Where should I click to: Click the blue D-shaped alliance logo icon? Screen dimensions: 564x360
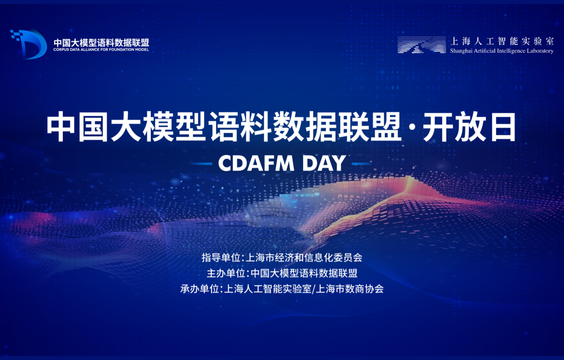(x=29, y=44)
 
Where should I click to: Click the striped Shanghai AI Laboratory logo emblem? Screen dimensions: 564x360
(x=422, y=45)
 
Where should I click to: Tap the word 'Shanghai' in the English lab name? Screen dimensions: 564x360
(x=461, y=51)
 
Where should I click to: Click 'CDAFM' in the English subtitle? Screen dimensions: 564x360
(x=256, y=163)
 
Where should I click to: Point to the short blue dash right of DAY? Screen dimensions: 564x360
(x=362, y=164)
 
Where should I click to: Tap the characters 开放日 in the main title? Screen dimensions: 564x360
(x=470, y=127)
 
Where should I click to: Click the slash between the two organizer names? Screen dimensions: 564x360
(x=313, y=289)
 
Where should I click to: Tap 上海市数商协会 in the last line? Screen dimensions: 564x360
(x=350, y=289)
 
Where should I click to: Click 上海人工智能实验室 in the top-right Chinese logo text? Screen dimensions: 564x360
(x=502, y=41)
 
